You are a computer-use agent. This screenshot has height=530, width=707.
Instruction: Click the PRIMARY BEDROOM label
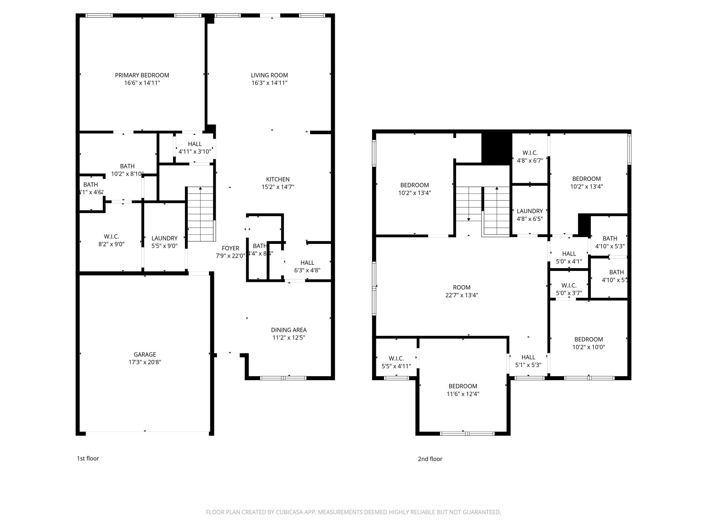click(x=142, y=75)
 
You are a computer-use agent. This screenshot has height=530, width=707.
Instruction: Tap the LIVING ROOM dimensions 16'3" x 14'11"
click(x=269, y=83)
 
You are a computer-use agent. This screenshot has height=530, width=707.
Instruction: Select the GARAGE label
click(x=145, y=354)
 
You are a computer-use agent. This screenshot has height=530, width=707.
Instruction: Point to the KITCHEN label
click(x=278, y=179)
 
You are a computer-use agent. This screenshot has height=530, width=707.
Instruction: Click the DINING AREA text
click(x=289, y=330)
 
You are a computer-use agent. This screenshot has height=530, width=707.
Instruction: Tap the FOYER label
click(x=230, y=248)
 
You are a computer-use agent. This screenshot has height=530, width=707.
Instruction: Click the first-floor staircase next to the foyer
click(x=200, y=214)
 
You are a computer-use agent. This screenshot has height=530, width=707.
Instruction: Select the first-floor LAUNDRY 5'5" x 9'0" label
click(x=164, y=242)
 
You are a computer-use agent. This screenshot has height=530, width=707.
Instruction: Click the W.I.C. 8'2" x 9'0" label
click(x=111, y=240)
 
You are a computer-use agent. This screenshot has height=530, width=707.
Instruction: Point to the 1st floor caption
click(x=88, y=458)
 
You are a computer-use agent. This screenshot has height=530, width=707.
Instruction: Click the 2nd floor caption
click(x=430, y=459)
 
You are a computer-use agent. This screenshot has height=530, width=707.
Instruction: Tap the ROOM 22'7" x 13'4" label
click(x=462, y=291)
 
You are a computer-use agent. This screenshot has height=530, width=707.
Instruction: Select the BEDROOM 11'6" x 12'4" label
click(x=463, y=390)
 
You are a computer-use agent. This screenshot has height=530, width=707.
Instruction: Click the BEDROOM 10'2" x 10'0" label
click(x=588, y=343)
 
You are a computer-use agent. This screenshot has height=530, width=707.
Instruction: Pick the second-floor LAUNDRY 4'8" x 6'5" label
click(x=530, y=215)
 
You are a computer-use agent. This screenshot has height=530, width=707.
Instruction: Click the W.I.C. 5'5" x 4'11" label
click(x=396, y=362)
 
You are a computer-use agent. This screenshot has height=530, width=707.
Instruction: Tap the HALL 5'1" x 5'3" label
click(x=528, y=361)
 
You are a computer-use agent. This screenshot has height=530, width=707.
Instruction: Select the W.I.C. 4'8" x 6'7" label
click(x=530, y=156)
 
